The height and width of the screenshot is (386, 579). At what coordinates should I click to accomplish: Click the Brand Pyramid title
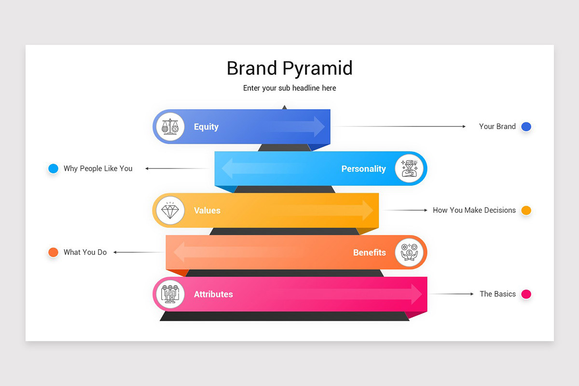point(289,68)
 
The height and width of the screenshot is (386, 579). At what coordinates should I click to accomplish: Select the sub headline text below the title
point(289,88)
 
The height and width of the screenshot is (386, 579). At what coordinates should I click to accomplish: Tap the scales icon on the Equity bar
point(170,127)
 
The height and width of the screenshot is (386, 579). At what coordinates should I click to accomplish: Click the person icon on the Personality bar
point(409,169)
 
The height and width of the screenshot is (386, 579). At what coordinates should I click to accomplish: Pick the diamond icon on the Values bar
point(170,210)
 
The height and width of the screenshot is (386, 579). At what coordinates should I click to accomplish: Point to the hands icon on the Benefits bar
point(409,252)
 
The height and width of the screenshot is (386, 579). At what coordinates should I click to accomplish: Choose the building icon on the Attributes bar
point(170,294)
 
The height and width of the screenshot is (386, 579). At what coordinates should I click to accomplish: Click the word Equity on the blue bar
point(206,127)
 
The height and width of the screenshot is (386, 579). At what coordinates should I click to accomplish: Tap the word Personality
point(363,169)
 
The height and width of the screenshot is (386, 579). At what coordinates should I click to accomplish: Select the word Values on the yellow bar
point(207,210)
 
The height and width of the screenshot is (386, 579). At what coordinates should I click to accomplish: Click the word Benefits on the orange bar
point(369,252)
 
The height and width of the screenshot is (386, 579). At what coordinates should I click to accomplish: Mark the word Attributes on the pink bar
point(213,294)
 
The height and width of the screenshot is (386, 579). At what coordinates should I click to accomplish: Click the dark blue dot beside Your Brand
point(526,127)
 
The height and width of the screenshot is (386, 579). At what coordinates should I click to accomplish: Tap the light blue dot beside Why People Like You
point(53,168)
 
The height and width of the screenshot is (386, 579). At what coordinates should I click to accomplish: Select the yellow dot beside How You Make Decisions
point(526,210)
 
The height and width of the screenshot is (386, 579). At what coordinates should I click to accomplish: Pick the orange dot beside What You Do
point(53,252)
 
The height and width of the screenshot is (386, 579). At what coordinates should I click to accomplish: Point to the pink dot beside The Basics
point(526,294)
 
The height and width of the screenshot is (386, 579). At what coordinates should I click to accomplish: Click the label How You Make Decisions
point(474,210)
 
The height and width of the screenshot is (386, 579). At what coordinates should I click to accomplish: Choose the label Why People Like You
point(98,168)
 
